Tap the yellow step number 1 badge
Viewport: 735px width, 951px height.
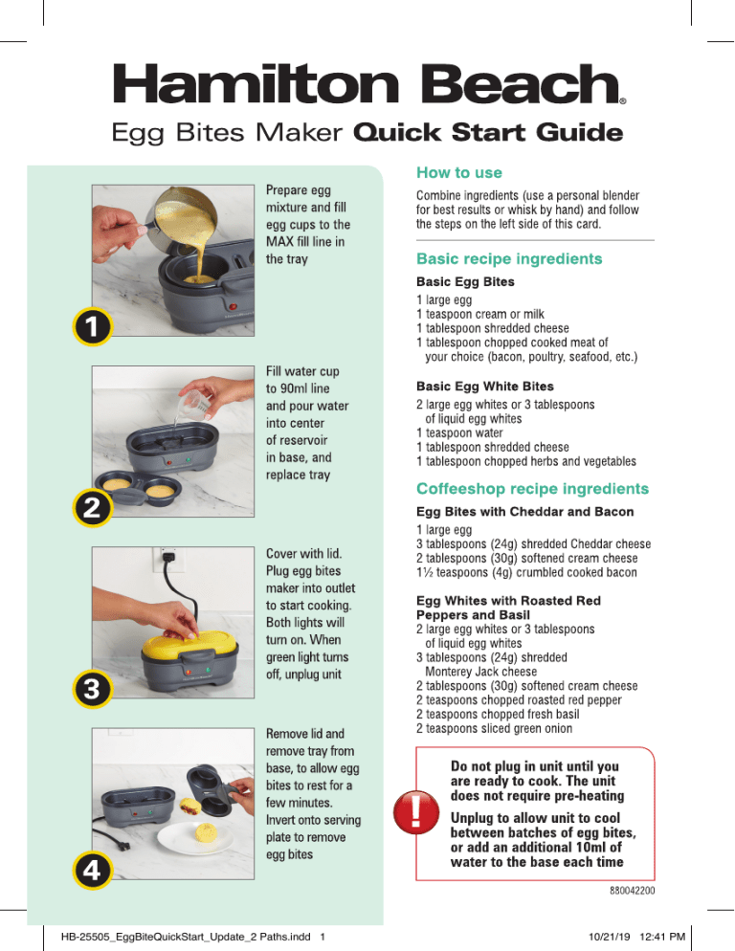(92, 327)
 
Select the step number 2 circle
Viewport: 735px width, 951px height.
(92, 508)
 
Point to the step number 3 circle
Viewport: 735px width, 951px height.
(92, 689)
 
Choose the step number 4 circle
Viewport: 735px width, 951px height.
(92, 871)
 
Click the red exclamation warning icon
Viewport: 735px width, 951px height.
(416, 812)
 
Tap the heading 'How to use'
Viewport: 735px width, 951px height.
(458, 173)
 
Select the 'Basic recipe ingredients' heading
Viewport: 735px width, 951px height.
(509, 259)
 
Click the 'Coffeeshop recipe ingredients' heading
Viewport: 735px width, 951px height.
(532, 489)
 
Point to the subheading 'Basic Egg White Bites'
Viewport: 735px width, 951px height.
(485, 387)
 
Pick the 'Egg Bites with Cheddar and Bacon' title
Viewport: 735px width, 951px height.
(525, 512)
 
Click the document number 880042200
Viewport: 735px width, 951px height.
(632, 891)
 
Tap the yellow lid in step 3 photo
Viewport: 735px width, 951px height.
(189, 645)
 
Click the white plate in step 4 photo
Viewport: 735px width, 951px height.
(195, 837)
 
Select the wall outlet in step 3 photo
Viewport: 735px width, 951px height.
(168, 559)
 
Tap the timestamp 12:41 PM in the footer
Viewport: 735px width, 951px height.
(662, 937)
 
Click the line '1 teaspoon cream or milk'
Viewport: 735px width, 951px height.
(480, 314)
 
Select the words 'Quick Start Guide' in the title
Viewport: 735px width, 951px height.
(488, 132)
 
